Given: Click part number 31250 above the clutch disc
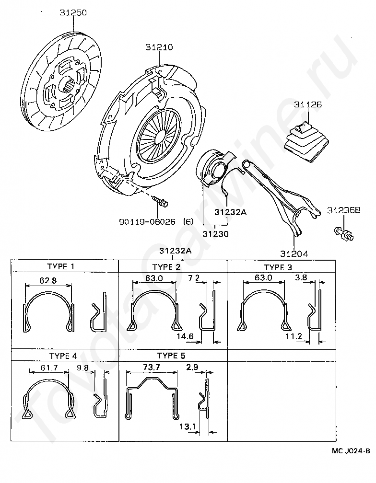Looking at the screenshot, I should (x=73, y=13).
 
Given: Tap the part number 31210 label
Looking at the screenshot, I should (x=159, y=47).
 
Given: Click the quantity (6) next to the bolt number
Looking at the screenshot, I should (x=188, y=222).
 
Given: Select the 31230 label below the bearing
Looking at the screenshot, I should (x=215, y=234).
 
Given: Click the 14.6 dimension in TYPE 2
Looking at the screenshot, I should (x=184, y=336).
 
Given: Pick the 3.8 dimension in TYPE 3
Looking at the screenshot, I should (x=301, y=277).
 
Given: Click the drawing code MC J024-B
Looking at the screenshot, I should (x=351, y=450).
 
